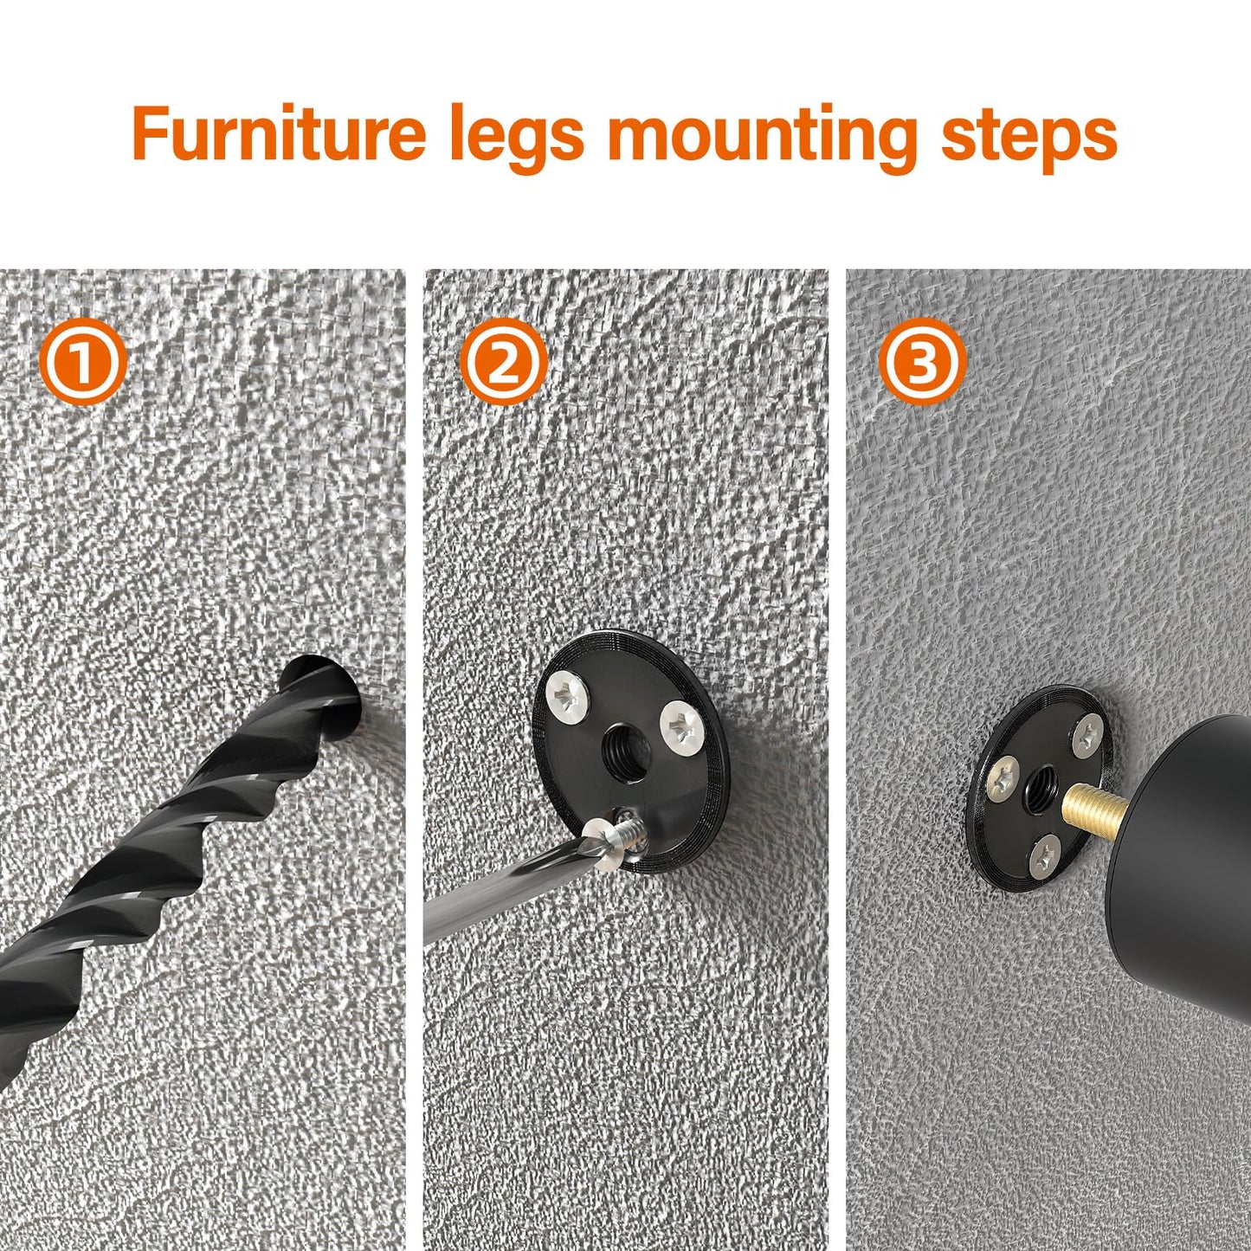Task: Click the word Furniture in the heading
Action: point(279,134)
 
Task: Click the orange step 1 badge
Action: point(83,362)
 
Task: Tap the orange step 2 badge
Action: point(502,362)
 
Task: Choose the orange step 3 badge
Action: point(921,362)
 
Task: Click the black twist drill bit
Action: point(173,831)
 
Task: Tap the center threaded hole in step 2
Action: point(622,744)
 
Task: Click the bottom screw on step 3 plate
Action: point(1045,856)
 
